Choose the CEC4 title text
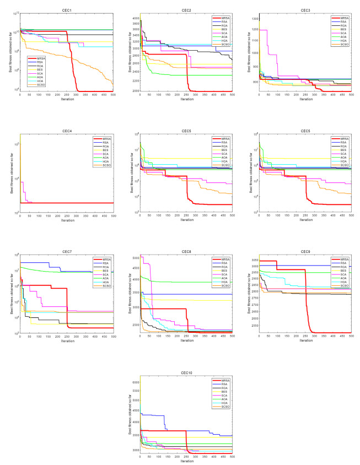[x=66, y=131]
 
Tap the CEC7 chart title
[x=66, y=251]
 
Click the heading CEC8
[x=186, y=251]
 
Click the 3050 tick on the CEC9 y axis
[x=254, y=259]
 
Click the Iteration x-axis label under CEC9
[x=305, y=340]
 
